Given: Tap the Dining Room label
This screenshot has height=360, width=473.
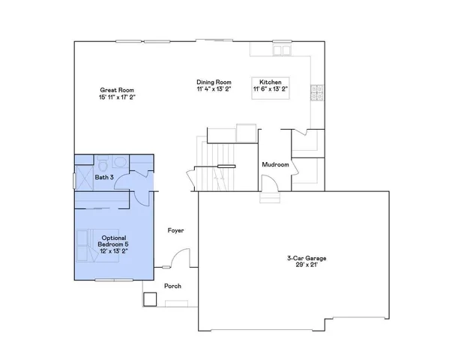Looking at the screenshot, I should (x=214, y=82).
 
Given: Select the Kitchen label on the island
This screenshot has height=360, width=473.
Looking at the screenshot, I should (x=270, y=82).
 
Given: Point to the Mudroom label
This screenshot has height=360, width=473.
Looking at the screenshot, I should (x=275, y=165).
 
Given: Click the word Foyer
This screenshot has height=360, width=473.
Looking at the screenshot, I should (x=175, y=230).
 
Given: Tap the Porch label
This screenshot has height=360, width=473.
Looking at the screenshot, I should (x=172, y=286).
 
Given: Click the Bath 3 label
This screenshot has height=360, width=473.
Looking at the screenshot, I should (x=104, y=178).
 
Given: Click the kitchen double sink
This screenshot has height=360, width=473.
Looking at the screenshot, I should (x=282, y=51).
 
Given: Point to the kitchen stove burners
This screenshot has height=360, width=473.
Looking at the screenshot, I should (x=317, y=92).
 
